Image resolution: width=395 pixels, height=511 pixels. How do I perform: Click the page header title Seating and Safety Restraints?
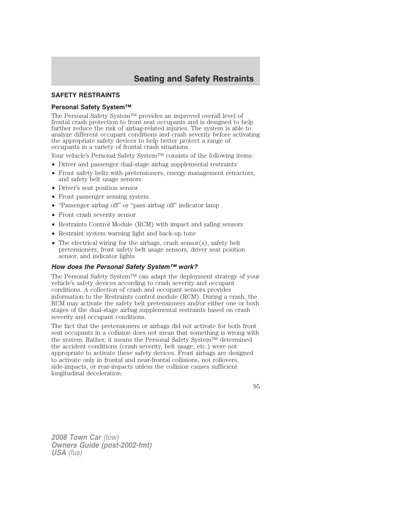[193, 79]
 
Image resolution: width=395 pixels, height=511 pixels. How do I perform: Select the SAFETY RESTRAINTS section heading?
[85, 95]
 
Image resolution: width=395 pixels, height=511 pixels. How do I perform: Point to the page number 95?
[256, 386]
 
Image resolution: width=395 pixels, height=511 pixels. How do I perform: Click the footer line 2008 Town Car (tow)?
[85, 437]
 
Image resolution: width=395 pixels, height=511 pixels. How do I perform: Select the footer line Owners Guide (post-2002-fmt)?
[101, 445]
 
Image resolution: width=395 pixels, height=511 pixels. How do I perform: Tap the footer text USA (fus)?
[67, 453]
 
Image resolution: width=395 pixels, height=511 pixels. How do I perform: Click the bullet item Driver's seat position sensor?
[98, 188]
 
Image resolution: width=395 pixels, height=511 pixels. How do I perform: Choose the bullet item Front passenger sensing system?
[103, 197]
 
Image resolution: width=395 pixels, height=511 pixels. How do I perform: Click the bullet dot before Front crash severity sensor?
[54, 215]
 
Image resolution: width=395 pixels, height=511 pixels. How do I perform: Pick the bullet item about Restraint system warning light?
[127, 233]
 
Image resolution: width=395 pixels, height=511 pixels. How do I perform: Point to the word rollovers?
[225, 360]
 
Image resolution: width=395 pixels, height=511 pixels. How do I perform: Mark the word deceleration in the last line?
[104, 373]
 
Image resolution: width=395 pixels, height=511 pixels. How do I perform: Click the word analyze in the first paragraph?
[62, 134]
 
